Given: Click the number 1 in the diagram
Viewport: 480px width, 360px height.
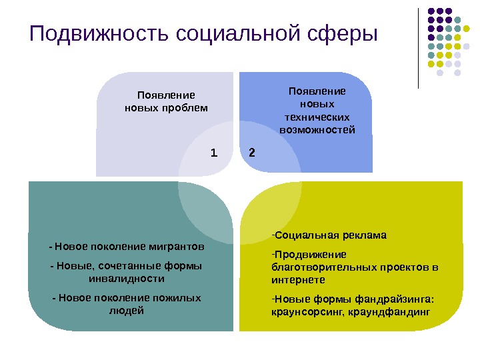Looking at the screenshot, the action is click(x=214, y=153).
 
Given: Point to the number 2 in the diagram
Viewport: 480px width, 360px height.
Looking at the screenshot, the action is click(x=251, y=153).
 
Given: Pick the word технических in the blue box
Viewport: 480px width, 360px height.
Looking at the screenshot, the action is click(x=317, y=117).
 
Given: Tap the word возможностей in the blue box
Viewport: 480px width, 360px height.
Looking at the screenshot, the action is click(x=317, y=129).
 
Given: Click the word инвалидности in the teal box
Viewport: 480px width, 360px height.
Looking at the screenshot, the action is click(x=127, y=278).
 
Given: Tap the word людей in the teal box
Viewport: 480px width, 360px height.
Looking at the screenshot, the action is click(x=127, y=310).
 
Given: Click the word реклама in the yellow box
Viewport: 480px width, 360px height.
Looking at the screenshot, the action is click(x=361, y=235).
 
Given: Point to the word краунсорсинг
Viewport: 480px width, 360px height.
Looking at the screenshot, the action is click(x=305, y=311).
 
